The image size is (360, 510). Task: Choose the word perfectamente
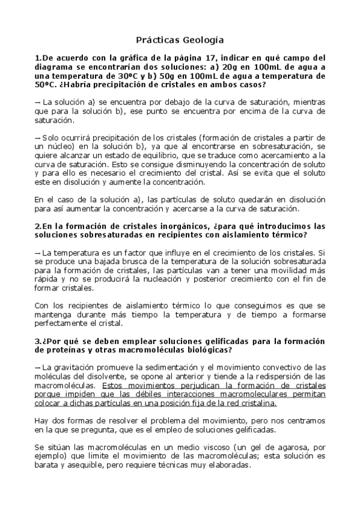[x=62, y=323]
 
